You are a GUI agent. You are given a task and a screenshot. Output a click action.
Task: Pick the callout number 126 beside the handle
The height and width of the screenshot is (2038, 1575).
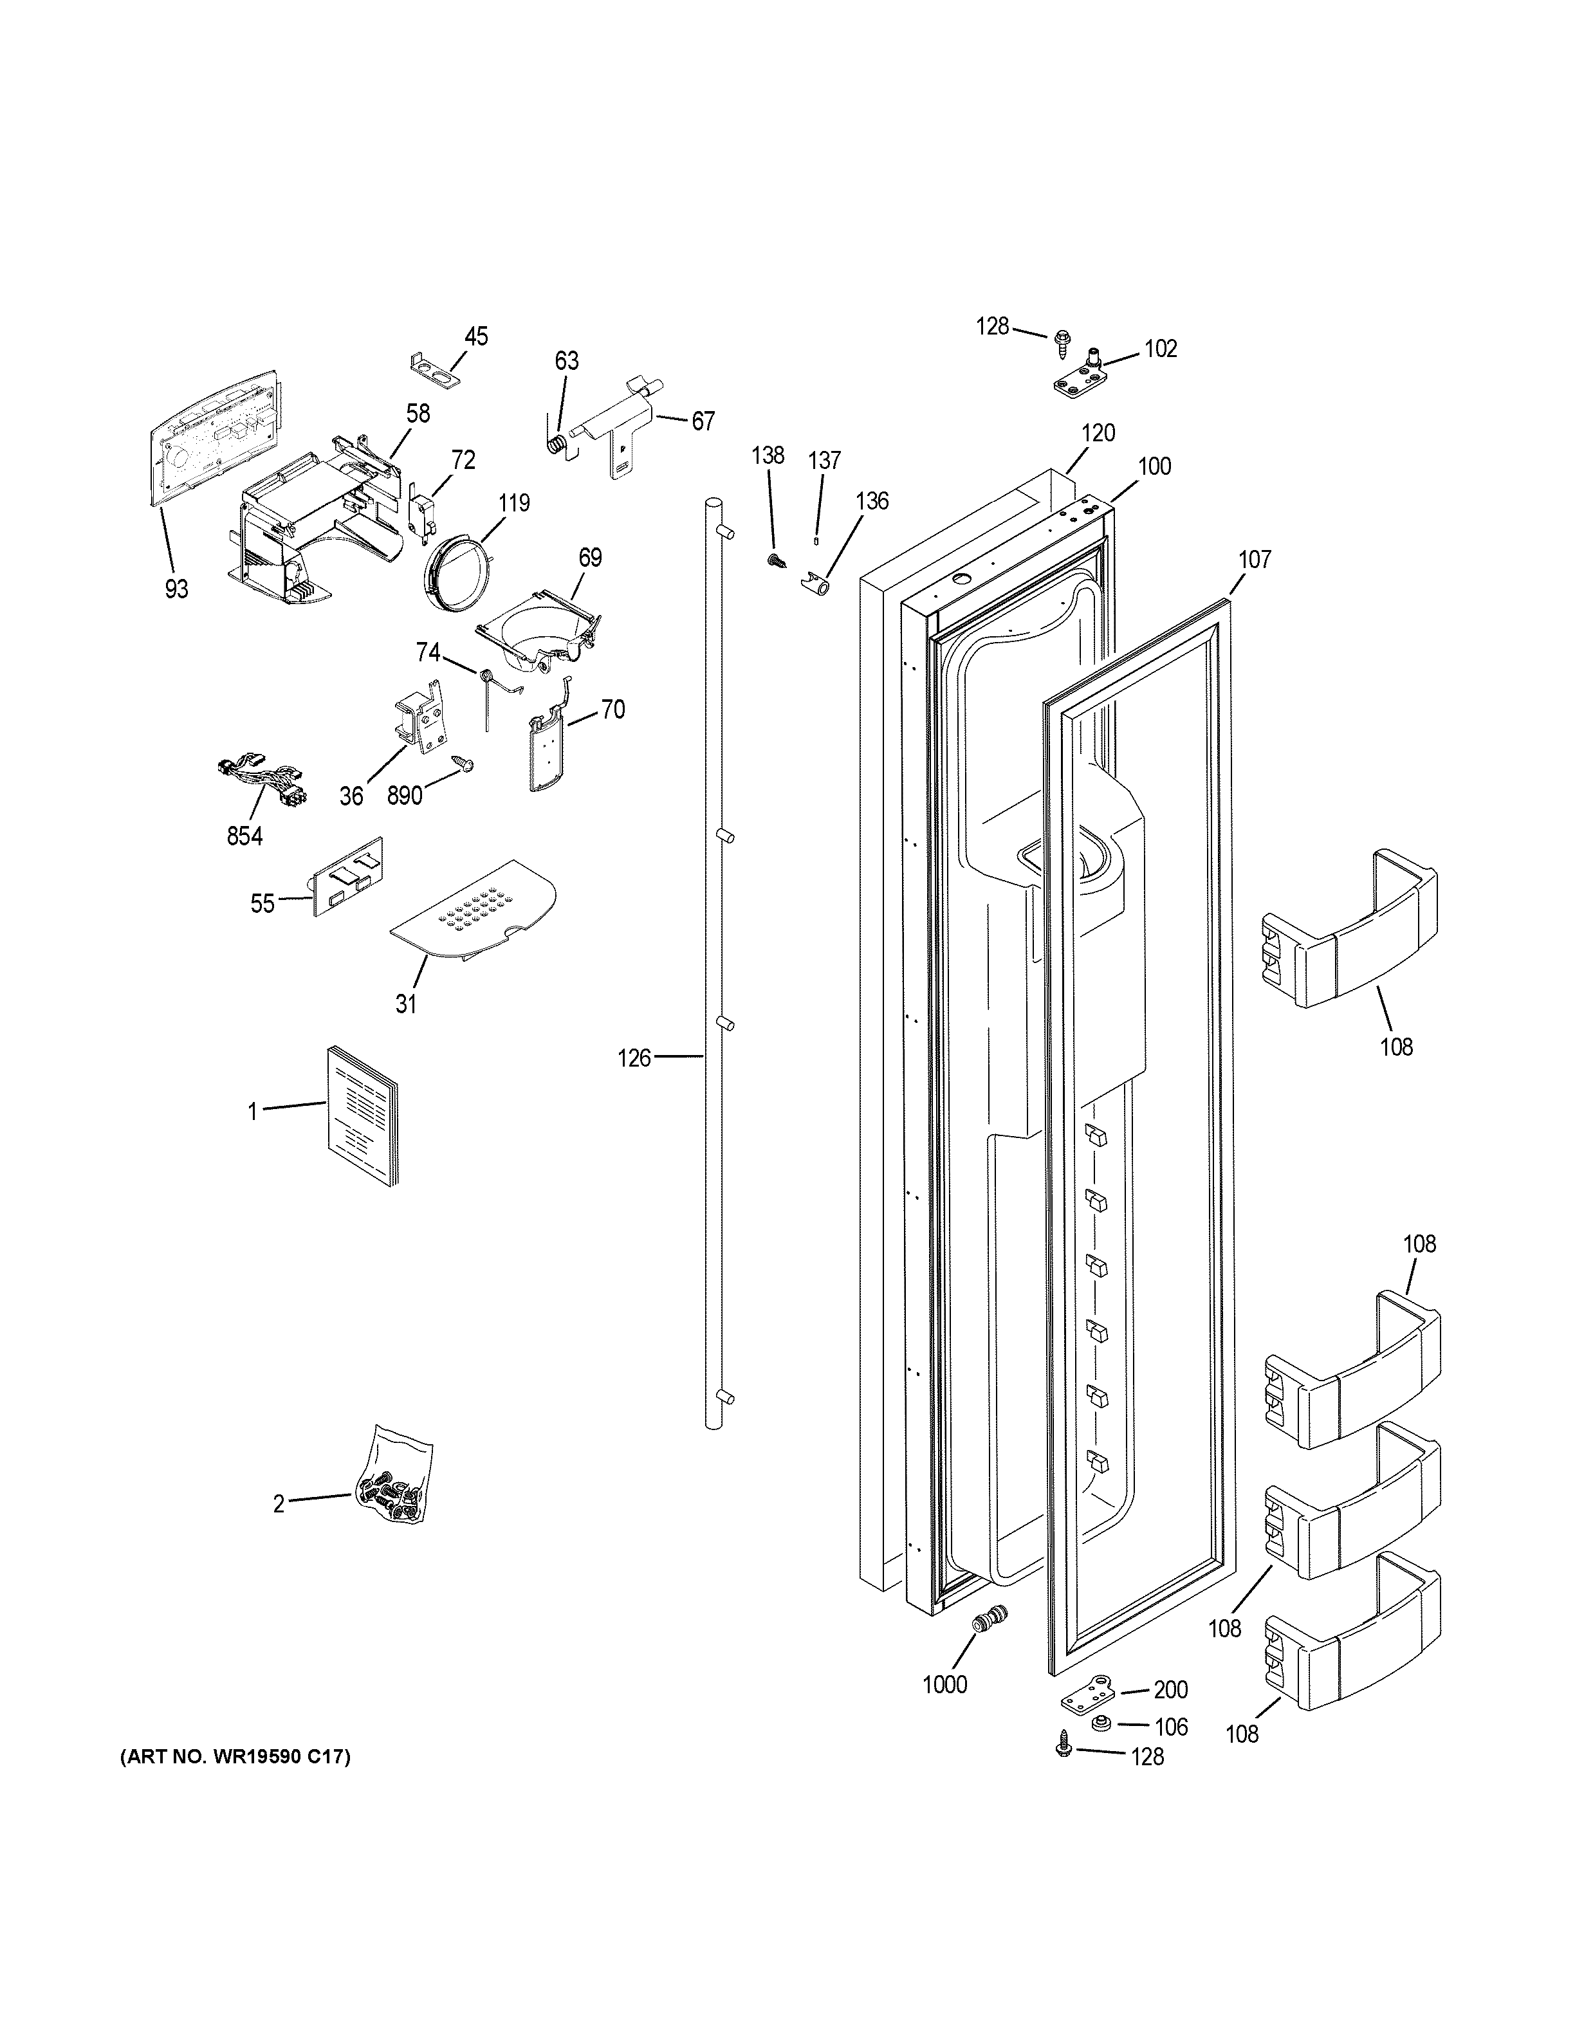point(634,1058)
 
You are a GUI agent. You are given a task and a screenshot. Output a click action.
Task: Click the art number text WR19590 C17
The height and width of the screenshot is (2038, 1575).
point(235,1757)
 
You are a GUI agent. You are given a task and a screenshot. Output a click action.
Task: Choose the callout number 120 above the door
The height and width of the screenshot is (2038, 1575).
point(1098,433)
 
